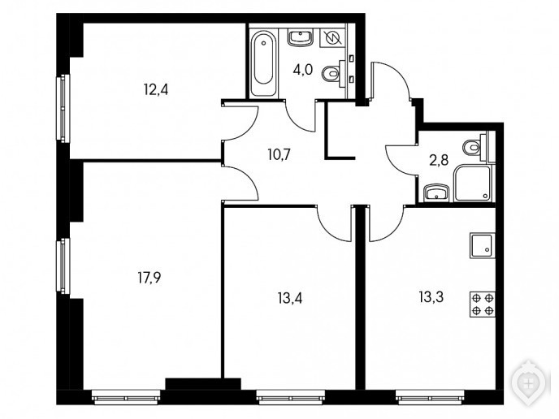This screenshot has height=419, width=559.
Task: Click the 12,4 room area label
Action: (156, 90)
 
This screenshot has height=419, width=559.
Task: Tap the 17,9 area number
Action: (149, 278)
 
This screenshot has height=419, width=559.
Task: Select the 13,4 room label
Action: (290, 298)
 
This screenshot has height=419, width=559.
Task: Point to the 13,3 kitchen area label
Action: (431, 296)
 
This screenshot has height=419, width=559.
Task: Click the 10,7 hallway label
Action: (279, 154)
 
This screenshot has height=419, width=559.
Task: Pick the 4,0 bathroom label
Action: (303, 70)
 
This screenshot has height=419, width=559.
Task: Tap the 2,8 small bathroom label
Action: (439, 161)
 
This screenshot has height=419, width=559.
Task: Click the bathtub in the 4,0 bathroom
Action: (264, 63)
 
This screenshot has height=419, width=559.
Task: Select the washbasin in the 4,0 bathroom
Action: (300, 37)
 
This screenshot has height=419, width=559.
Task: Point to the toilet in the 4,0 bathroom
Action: (334, 74)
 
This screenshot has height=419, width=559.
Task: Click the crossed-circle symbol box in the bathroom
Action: (332, 37)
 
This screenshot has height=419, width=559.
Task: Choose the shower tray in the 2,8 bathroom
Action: (473, 184)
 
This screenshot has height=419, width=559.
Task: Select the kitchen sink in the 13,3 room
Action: (483, 245)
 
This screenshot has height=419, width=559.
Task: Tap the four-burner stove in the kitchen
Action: (483, 305)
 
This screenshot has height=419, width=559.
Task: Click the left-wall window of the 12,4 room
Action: (63, 108)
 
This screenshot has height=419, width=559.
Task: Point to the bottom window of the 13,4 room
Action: (291, 397)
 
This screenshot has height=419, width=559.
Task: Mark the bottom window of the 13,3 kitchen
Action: (430, 397)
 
